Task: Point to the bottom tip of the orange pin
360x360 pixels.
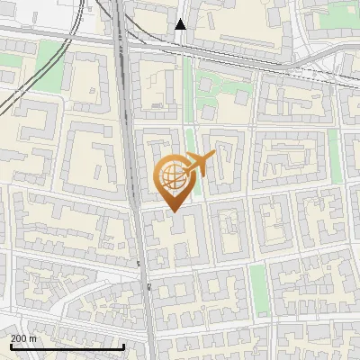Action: pyautogui.click(x=173, y=211)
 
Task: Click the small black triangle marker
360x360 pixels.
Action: pyautogui.click(x=181, y=24)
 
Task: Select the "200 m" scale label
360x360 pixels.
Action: pyautogui.click(x=23, y=338)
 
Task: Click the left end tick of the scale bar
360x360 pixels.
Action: pyautogui.click(x=11, y=346)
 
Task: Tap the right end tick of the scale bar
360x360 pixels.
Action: pyautogui.click(x=123, y=346)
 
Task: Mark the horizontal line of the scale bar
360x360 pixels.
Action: pyautogui.click(x=67, y=347)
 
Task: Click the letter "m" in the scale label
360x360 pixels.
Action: pyautogui.click(x=33, y=338)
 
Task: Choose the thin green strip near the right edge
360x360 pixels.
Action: pyautogui.click(x=334, y=148)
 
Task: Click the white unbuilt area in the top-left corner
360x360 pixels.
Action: pyautogui.click(x=36, y=11)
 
